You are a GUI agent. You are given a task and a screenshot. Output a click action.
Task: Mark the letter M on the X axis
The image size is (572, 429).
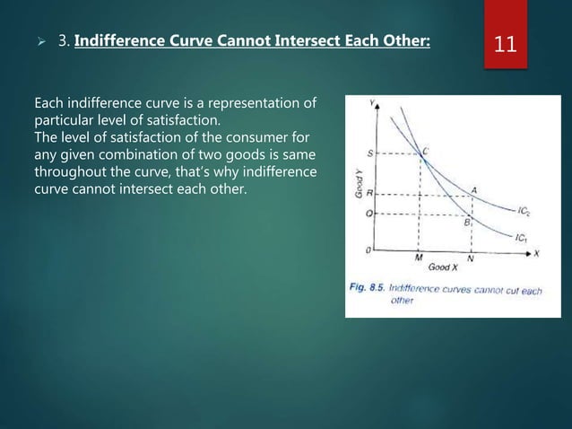pyautogui.click(x=419, y=258)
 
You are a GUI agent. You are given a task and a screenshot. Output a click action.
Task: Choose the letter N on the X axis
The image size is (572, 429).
pyautogui.click(x=471, y=258)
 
